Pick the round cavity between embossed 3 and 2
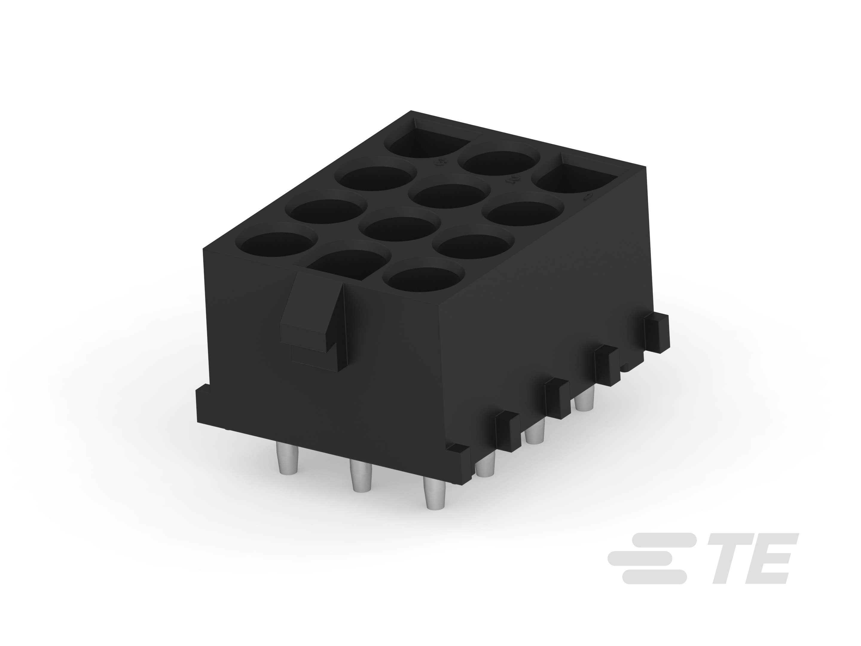(498, 164)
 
